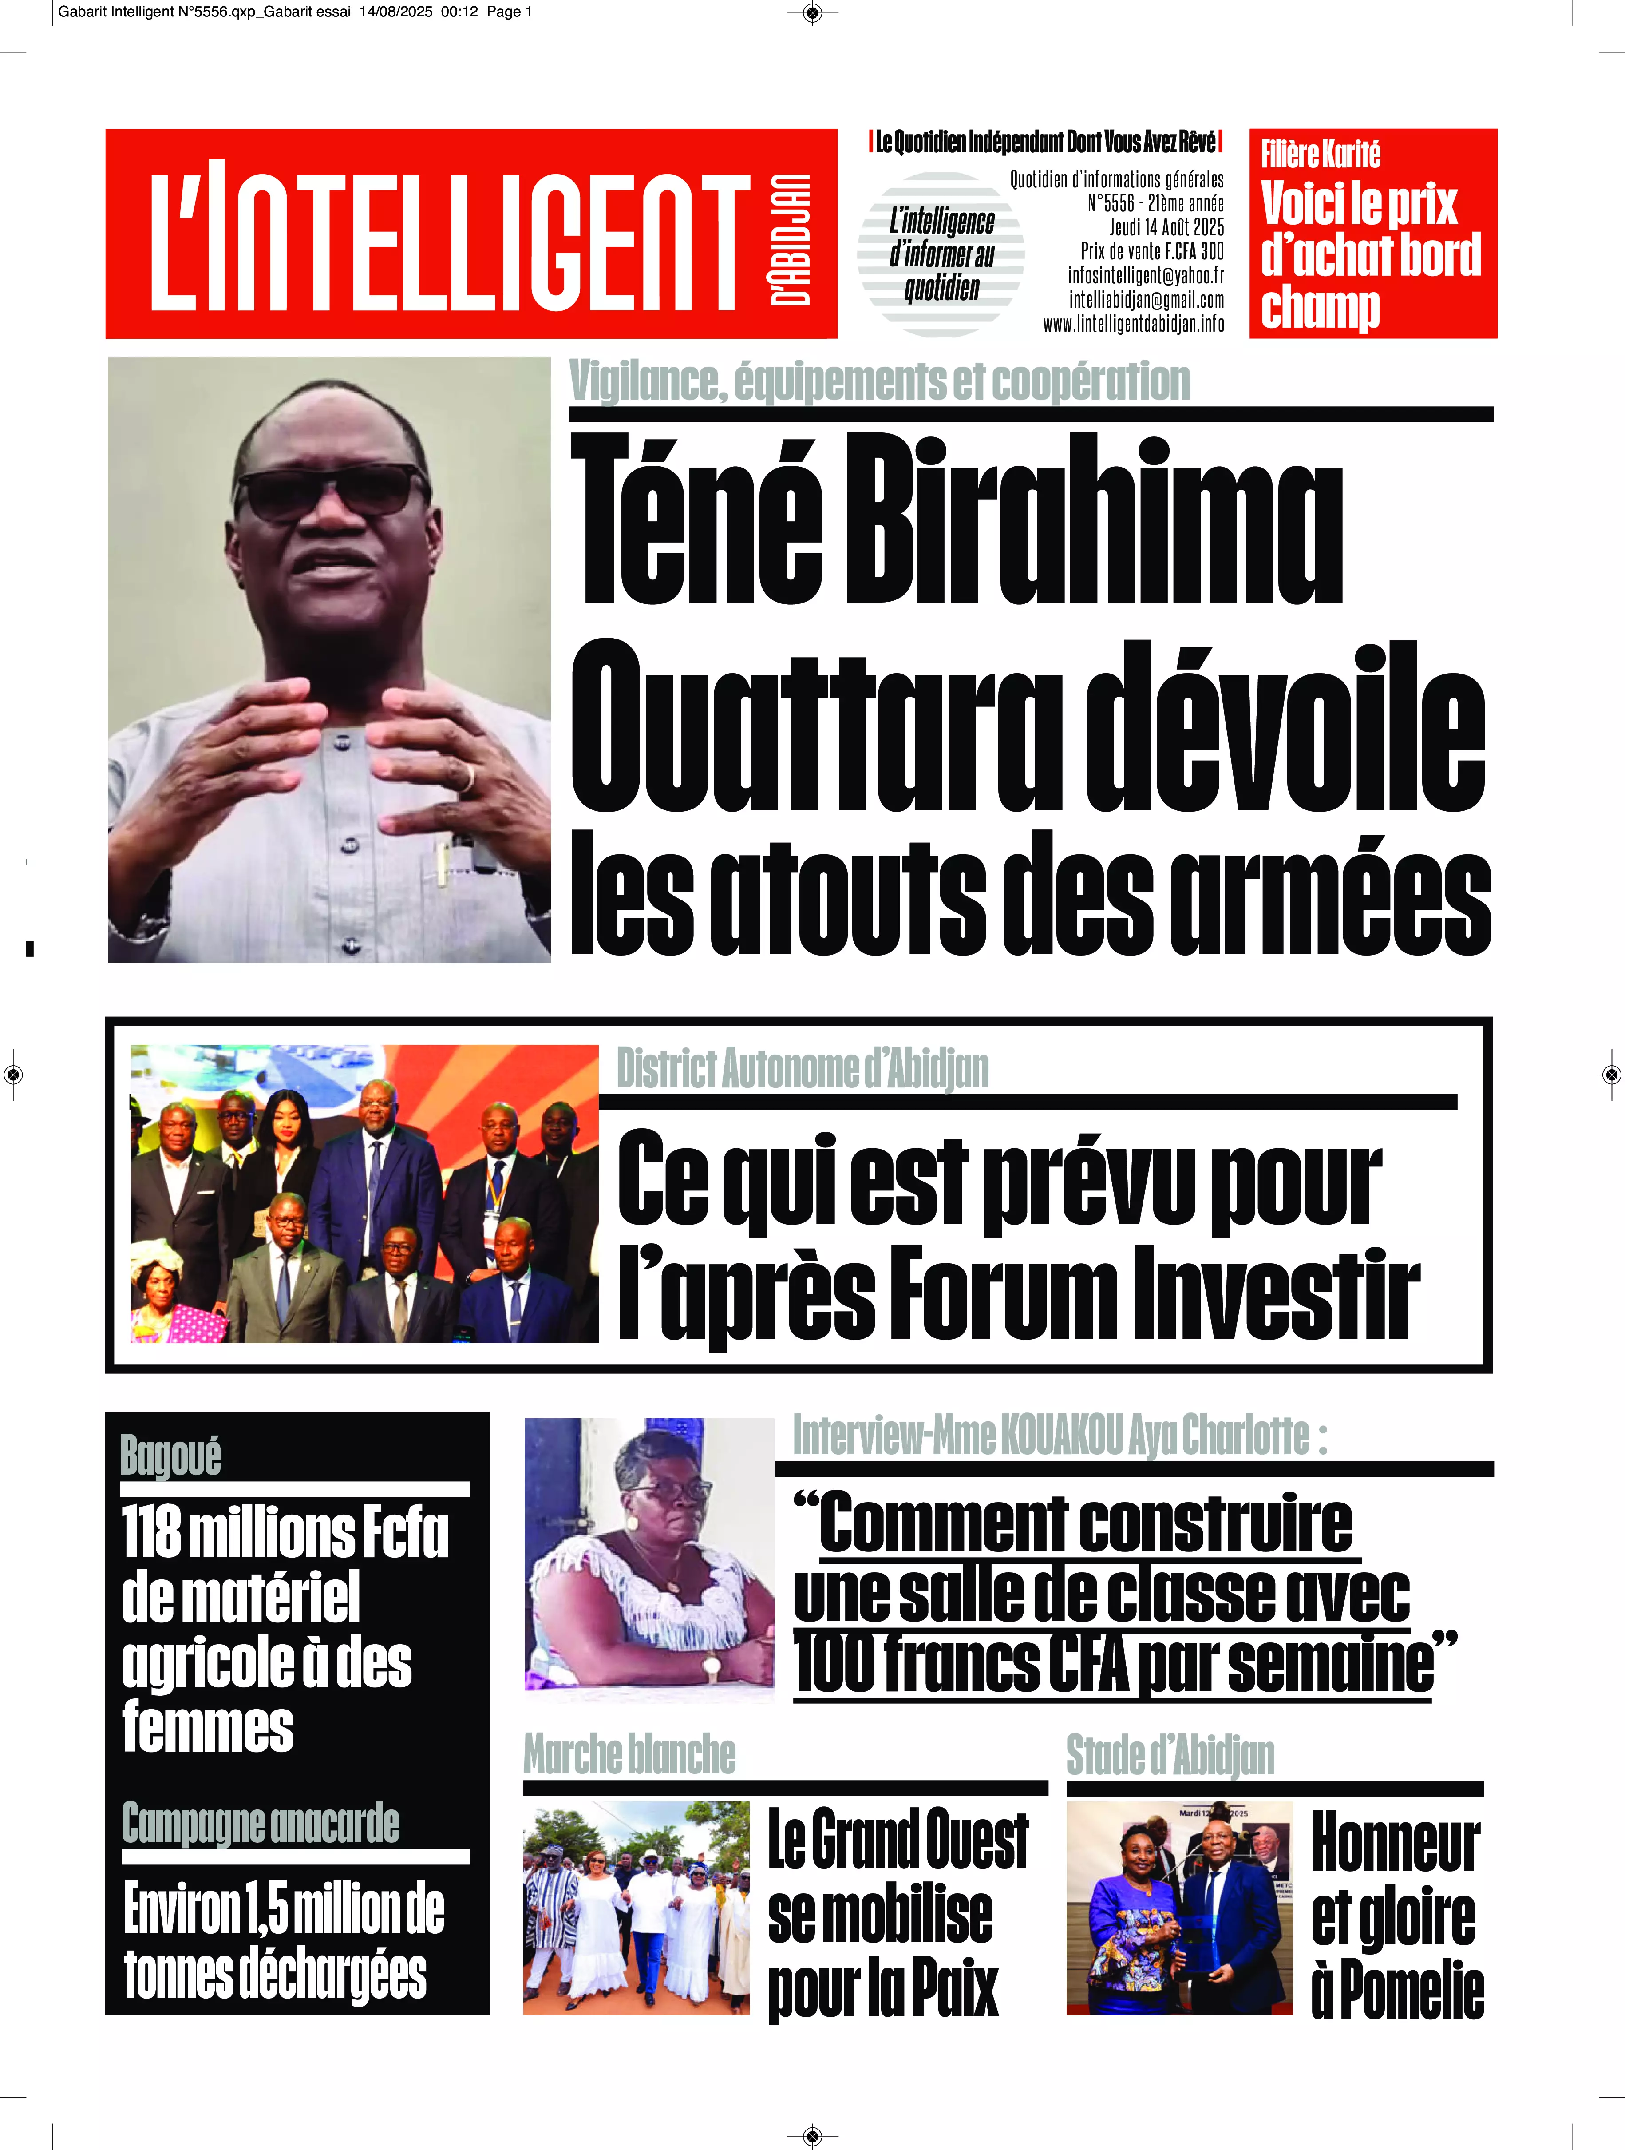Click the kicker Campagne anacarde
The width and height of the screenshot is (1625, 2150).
[261, 1824]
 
